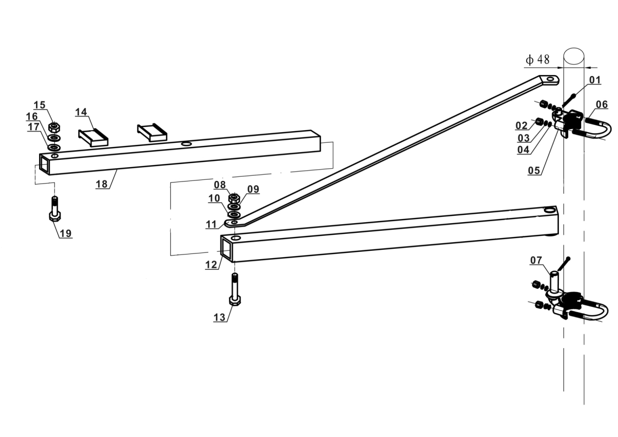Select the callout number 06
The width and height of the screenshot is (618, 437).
602,105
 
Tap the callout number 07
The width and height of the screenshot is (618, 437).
536,260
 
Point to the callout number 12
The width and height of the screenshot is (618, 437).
211,265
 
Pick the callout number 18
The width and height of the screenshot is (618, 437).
102,184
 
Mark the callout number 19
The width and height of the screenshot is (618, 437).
65,233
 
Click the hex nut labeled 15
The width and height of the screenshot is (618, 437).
53,127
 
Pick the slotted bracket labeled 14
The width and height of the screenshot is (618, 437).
93,136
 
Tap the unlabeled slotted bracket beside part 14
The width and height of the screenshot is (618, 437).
152,132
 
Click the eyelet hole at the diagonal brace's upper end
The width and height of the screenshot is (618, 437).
551,80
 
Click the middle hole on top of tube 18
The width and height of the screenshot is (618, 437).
186,144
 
